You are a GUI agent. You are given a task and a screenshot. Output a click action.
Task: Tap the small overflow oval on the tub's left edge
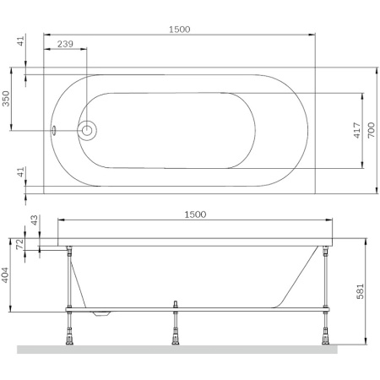pos(55,131)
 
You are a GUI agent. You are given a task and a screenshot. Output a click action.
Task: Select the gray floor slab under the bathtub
pos(177,349)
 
